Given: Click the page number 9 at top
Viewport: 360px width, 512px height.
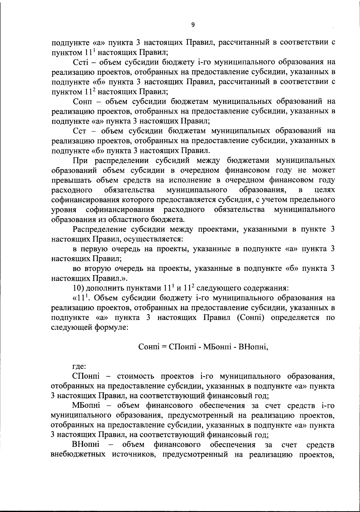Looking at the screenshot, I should point(193,25).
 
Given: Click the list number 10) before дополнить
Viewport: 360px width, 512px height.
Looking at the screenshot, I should point(79,288).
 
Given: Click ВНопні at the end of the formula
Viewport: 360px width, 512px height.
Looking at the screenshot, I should point(252,347).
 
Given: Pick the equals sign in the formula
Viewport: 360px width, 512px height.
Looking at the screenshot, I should point(164,347).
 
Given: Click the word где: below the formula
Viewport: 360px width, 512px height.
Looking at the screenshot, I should point(79,366).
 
